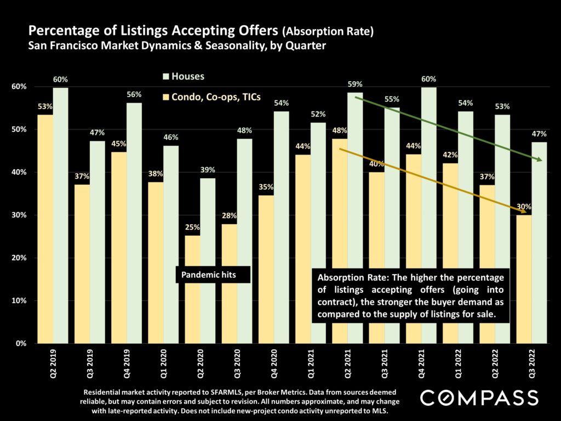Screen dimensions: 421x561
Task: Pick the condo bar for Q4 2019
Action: point(119,247)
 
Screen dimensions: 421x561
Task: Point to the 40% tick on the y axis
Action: point(20,172)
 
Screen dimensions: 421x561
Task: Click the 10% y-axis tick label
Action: point(20,300)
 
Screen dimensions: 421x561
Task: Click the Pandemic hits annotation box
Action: point(213,275)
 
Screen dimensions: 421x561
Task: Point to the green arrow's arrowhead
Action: point(540,160)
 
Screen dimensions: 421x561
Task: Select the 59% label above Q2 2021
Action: point(355,84)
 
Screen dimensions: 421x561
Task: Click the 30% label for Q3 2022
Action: point(523,207)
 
